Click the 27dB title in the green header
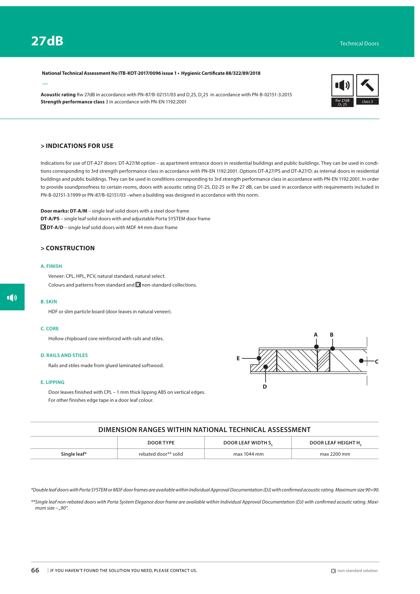[x=47, y=41]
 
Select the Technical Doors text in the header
[x=359, y=43]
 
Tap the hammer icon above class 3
[x=367, y=85]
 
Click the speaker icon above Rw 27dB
[x=342, y=85]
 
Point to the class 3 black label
[x=367, y=101]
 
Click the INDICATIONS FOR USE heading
[x=77, y=146]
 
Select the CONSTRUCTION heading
[x=68, y=248]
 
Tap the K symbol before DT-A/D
[x=43, y=227]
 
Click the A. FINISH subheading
[x=51, y=266]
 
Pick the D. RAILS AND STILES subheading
[x=64, y=355]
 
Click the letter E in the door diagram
[x=238, y=358]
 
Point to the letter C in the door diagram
[x=377, y=362]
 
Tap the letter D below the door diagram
[x=265, y=387]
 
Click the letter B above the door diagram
[x=332, y=335]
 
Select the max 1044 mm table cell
[x=248, y=454]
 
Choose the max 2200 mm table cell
[x=335, y=454]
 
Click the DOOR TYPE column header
[x=161, y=443]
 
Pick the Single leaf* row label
[x=74, y=454]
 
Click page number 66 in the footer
[x=35, y=570]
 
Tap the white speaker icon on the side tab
[x=12, y=297]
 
